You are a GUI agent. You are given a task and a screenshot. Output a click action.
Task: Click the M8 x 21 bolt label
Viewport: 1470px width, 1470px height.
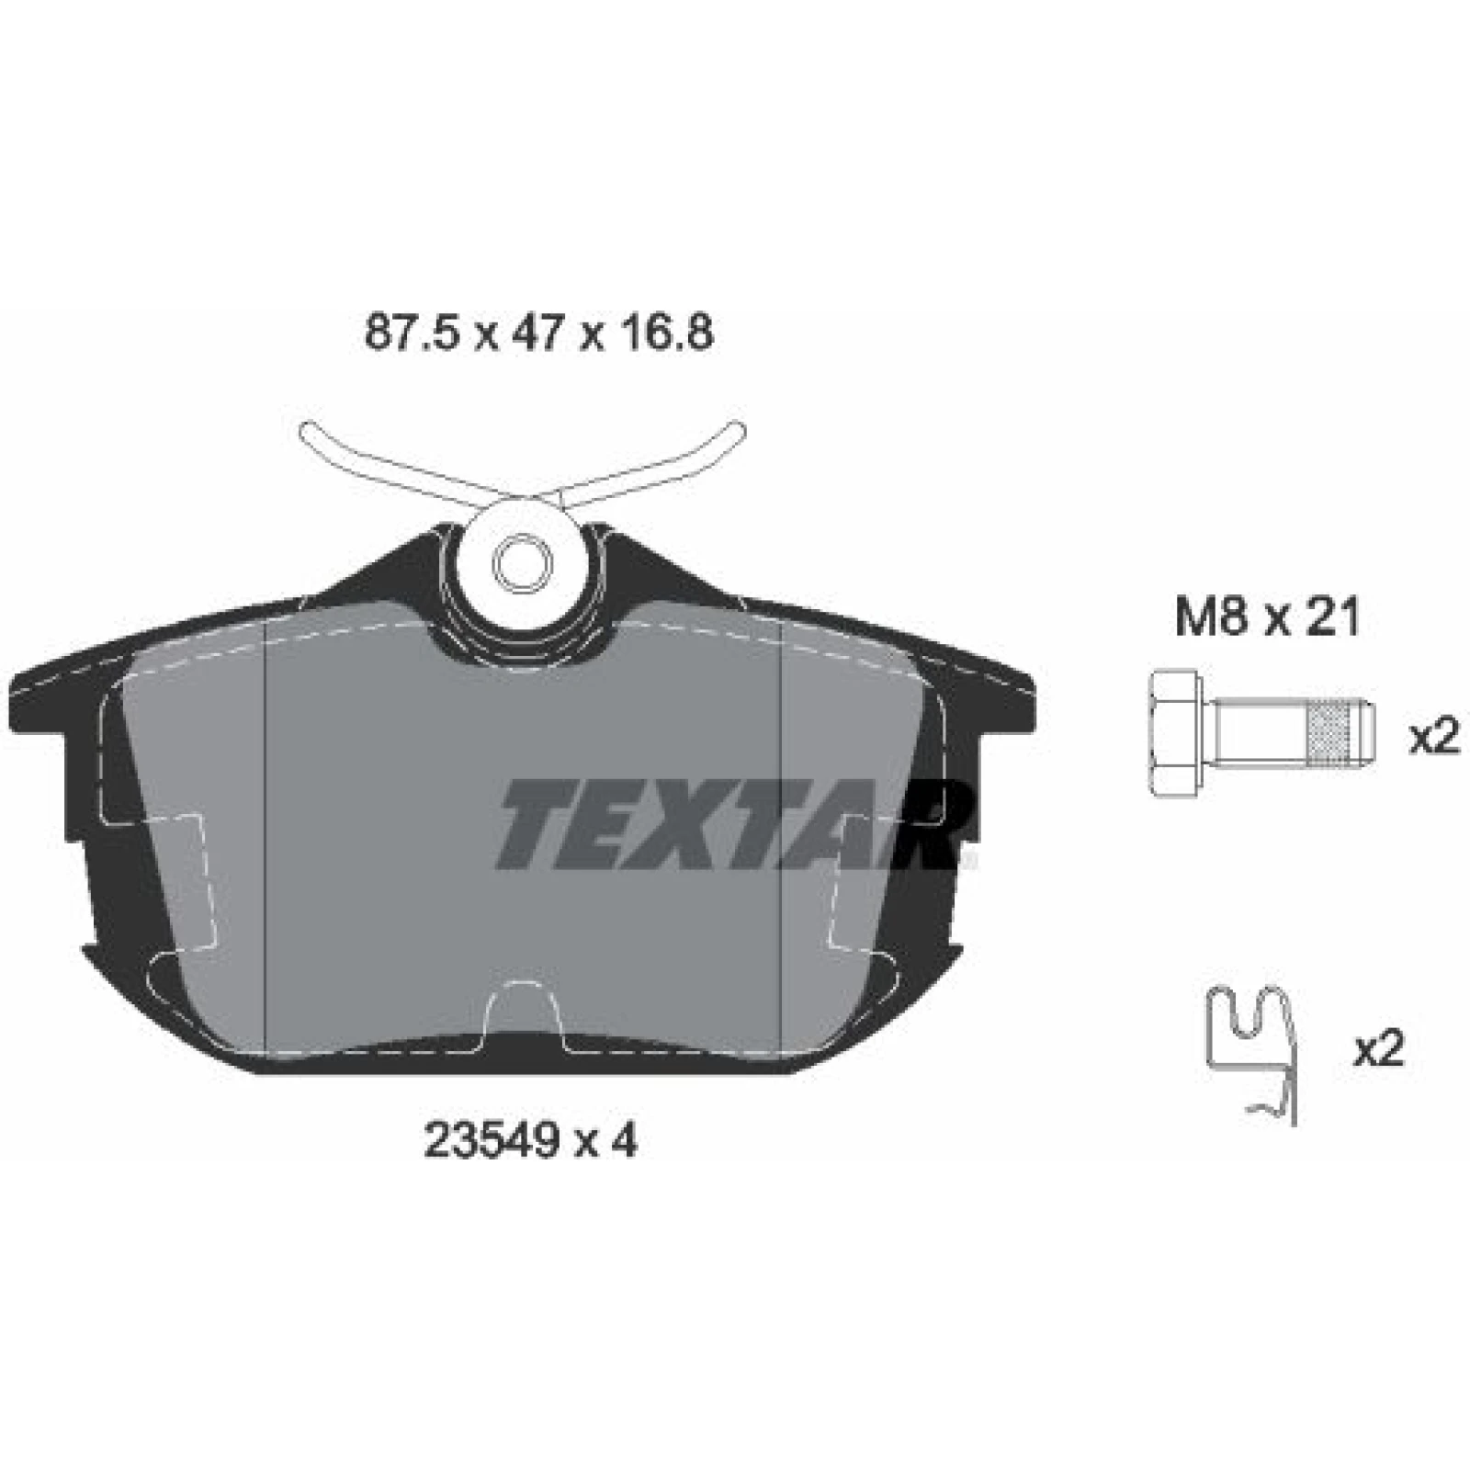click(1268, 618)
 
